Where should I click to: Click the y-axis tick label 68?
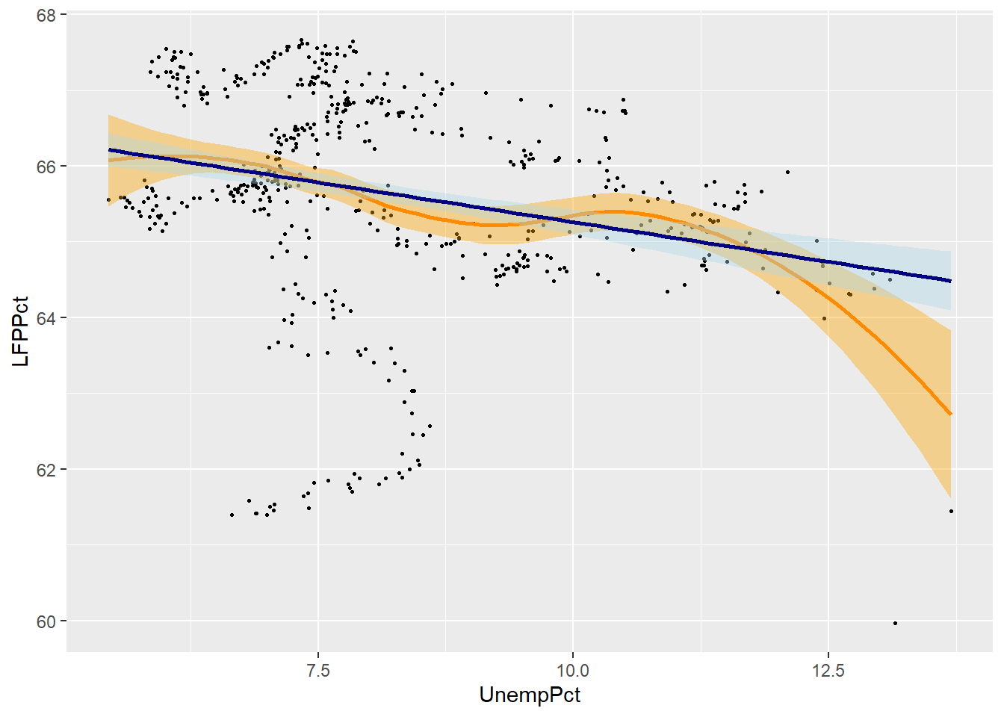(x=46, y=15)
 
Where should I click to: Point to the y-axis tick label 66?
(x=46, y=167)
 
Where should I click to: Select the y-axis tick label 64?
(x=46, y=318)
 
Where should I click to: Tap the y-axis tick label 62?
(x=46, y=470)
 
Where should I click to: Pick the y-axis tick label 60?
(x=46, y=621)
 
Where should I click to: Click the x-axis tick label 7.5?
(x=318, y=669)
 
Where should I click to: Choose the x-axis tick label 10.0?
(x=573, y=669)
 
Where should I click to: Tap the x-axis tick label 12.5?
(x=828, y=669)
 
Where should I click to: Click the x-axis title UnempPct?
(x=530, y=695)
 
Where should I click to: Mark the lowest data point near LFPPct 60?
(x=895, y=623)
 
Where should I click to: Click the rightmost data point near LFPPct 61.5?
(x=951, y=511)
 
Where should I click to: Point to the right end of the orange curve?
(x=951, y=414)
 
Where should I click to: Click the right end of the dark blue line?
(x=951, y=281)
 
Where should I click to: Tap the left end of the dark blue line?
(x=109, y=150)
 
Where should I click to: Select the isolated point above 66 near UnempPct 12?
(x=787, y=172)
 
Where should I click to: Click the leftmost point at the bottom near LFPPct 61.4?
(x=232, y=515)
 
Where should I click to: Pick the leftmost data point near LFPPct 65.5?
(x=109, y=200)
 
